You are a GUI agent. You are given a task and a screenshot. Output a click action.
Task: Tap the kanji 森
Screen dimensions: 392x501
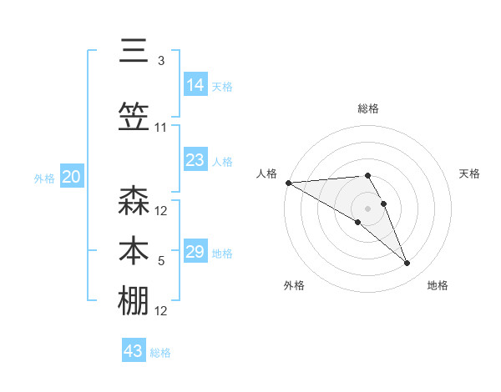134,202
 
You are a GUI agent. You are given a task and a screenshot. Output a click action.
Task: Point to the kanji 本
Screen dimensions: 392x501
134,250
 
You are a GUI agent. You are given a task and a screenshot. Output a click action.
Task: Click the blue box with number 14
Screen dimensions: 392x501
195,85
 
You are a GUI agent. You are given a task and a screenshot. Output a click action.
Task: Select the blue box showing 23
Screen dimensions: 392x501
195,160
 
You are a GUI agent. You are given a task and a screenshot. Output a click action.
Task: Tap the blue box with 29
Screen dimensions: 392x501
195,252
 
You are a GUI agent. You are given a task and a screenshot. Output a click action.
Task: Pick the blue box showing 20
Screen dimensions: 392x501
72,177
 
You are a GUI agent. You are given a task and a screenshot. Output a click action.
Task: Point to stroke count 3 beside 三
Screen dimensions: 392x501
161,61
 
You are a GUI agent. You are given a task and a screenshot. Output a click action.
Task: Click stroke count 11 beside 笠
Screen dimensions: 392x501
161,128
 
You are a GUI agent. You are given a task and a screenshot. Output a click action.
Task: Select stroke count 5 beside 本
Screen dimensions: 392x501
161,261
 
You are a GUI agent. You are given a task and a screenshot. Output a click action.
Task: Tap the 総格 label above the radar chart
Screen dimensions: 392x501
368,108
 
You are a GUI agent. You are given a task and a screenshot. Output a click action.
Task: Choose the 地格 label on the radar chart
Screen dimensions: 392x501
438,286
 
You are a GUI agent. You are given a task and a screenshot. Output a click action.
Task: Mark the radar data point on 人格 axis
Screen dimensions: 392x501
288,183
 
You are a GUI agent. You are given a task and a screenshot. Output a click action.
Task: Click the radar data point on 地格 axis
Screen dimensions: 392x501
407,264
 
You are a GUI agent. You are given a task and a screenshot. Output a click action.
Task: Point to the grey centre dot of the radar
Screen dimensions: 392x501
368,208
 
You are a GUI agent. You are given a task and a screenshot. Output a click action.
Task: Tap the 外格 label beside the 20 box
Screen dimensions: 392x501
44,178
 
